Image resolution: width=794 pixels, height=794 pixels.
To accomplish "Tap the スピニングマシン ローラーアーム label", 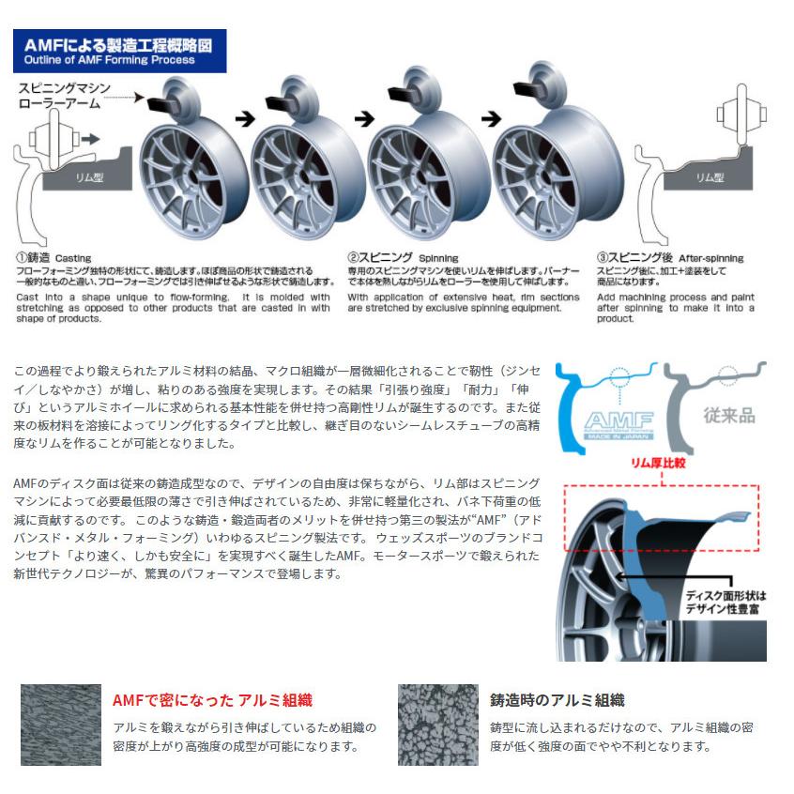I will tap(65, 95).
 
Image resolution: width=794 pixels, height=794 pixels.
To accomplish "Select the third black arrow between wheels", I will tap(489, 119).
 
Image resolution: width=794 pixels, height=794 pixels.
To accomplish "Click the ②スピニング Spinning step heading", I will tap(403, 256).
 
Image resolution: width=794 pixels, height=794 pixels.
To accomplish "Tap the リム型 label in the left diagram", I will tap(93, 175).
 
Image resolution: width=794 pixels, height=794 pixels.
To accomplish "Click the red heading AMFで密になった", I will tap(212, 700).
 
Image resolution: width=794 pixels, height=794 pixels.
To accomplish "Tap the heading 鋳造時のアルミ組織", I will tap(557, 700).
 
